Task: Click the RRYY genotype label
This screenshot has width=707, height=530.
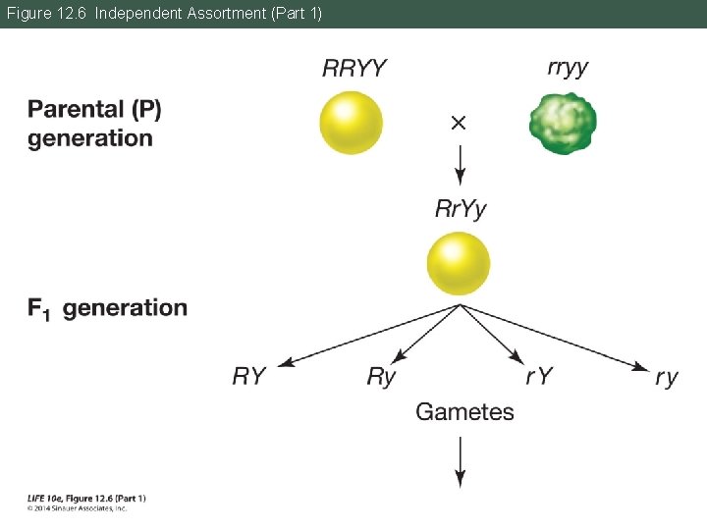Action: tap(353, 69)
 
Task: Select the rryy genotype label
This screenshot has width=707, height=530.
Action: tap(568, 68)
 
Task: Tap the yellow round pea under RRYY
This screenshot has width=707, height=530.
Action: tap(351, 123)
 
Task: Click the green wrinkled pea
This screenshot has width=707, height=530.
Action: tap(564, 123)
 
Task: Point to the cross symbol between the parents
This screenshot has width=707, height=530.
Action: tap(459, 123)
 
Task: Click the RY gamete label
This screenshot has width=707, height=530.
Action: tap(249, 376)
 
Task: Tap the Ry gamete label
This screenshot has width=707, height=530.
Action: tap(381, 376)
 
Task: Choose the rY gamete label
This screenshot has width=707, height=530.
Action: tap(539, 376)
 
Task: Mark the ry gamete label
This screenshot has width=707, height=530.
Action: tap(667, 377)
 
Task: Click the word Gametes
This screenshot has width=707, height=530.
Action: tap(464, 411)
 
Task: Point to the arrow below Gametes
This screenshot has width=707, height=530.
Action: tap(459, 461)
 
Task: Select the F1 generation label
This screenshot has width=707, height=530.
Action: tap(107, 308)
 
